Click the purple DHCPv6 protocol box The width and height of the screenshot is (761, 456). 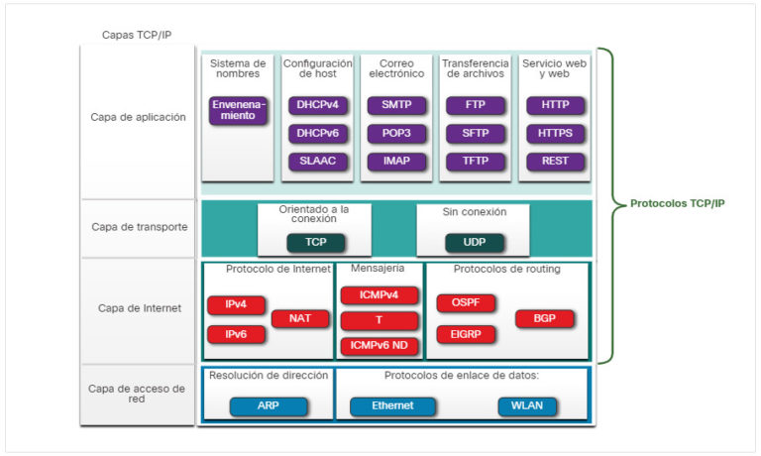coord(317,134)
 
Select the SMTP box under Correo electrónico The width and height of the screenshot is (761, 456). coord(396,105)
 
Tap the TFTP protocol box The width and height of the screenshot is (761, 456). coord(475,162)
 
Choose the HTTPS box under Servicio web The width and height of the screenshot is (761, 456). coord(555,134)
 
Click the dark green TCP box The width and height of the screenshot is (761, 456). coord(315,242)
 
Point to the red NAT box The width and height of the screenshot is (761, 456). coord(300,318)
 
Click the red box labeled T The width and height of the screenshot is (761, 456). coord(380,321)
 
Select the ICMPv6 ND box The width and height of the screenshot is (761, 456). coord(380,346)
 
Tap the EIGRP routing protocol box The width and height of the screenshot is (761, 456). coord(466,335)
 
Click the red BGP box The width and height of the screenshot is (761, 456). coord(544,318)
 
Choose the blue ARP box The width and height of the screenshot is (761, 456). coord(268,406)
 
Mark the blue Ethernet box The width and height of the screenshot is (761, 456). coord(392,406)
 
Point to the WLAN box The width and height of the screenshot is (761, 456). coord(526,406)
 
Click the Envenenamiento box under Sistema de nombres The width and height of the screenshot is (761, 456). coord(238,110)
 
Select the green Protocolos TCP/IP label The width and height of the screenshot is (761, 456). coord(677,203)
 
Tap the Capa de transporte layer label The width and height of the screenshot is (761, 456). coord(139,226)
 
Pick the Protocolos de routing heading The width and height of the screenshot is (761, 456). coord(506,269)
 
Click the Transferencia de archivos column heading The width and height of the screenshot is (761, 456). coord(475,68)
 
